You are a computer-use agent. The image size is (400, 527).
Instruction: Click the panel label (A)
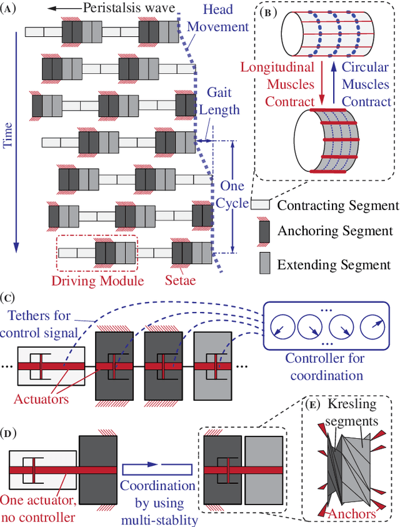tap(11, 9)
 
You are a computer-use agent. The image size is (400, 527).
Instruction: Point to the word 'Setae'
tap(179, 281)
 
